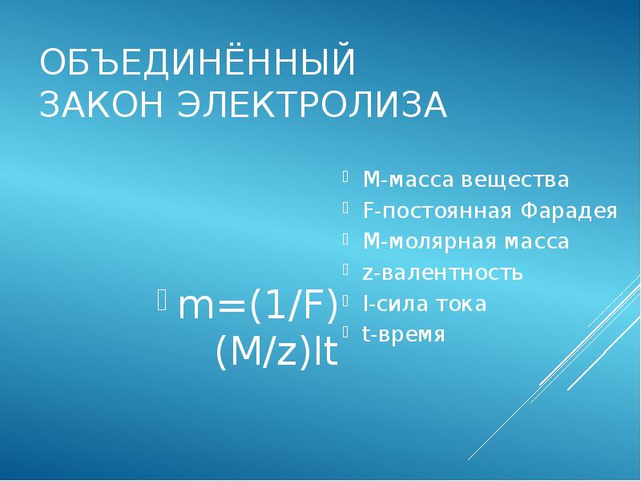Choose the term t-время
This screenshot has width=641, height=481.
(x=403, y=334)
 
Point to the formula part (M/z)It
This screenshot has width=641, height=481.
(x=276, y=352)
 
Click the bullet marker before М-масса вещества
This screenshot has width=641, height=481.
(x=345, y=174)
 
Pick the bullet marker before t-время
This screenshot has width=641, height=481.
(x=345, y=329)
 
